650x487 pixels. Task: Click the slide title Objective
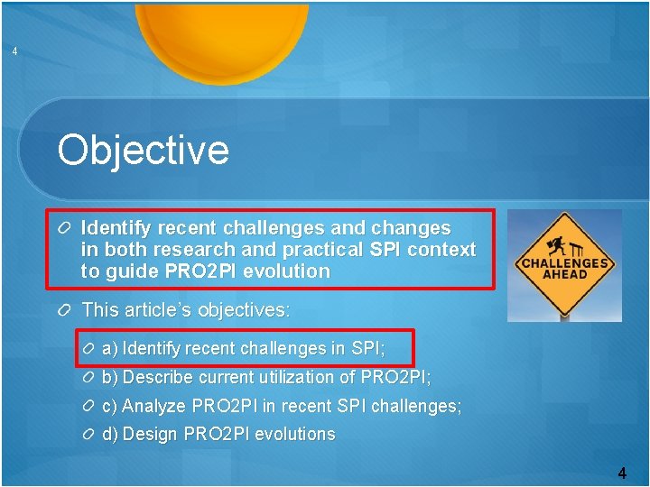click(x=143, y=150)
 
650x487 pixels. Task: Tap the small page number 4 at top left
click(x=14, y=51)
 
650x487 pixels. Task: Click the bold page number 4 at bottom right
click(x=622, y=473)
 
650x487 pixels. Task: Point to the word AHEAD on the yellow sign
click(x=565, y=274)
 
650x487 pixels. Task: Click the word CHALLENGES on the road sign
click(x=564, y=263)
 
